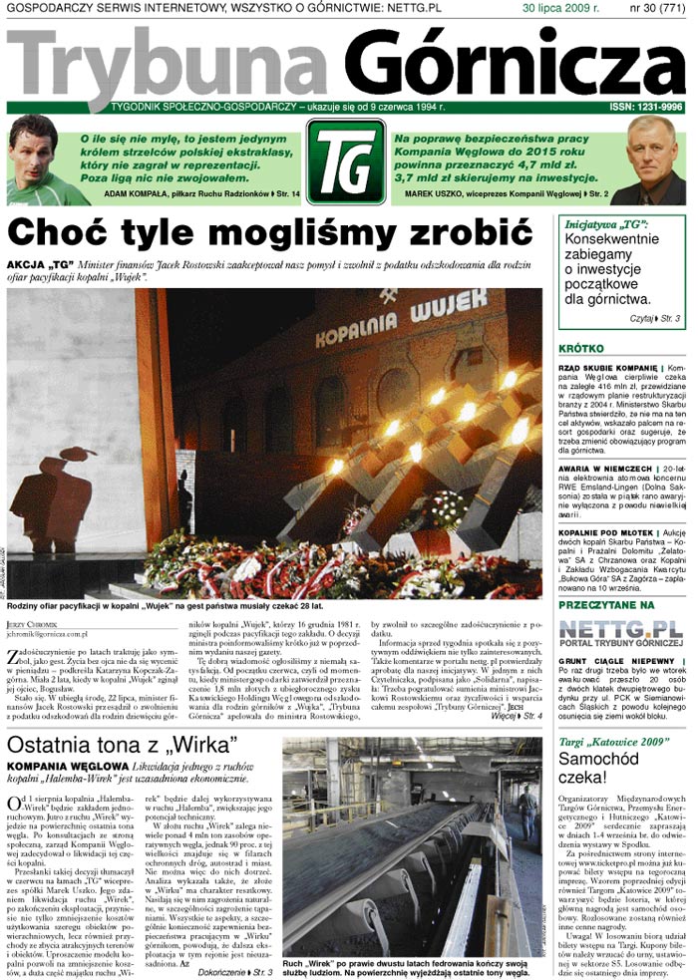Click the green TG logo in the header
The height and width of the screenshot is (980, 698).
coord(345,162)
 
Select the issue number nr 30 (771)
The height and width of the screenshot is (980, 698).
coord(656,8)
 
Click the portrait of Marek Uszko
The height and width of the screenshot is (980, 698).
coord(654,161)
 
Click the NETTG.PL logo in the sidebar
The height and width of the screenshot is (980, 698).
coord(619,630)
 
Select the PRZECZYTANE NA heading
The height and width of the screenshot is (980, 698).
coord(606,605)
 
